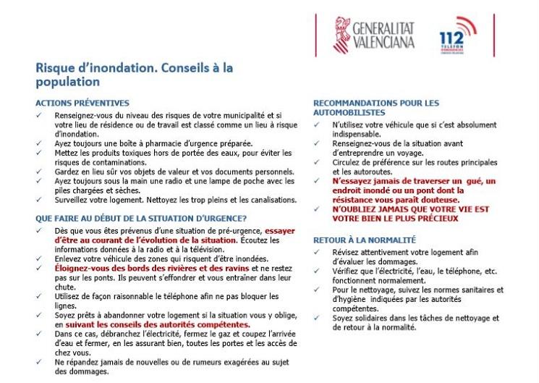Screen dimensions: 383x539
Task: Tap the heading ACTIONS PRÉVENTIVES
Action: (82, 103)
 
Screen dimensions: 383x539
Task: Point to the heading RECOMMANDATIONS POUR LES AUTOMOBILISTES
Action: (375, 108)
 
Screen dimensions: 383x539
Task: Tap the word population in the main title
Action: (67, 83)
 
